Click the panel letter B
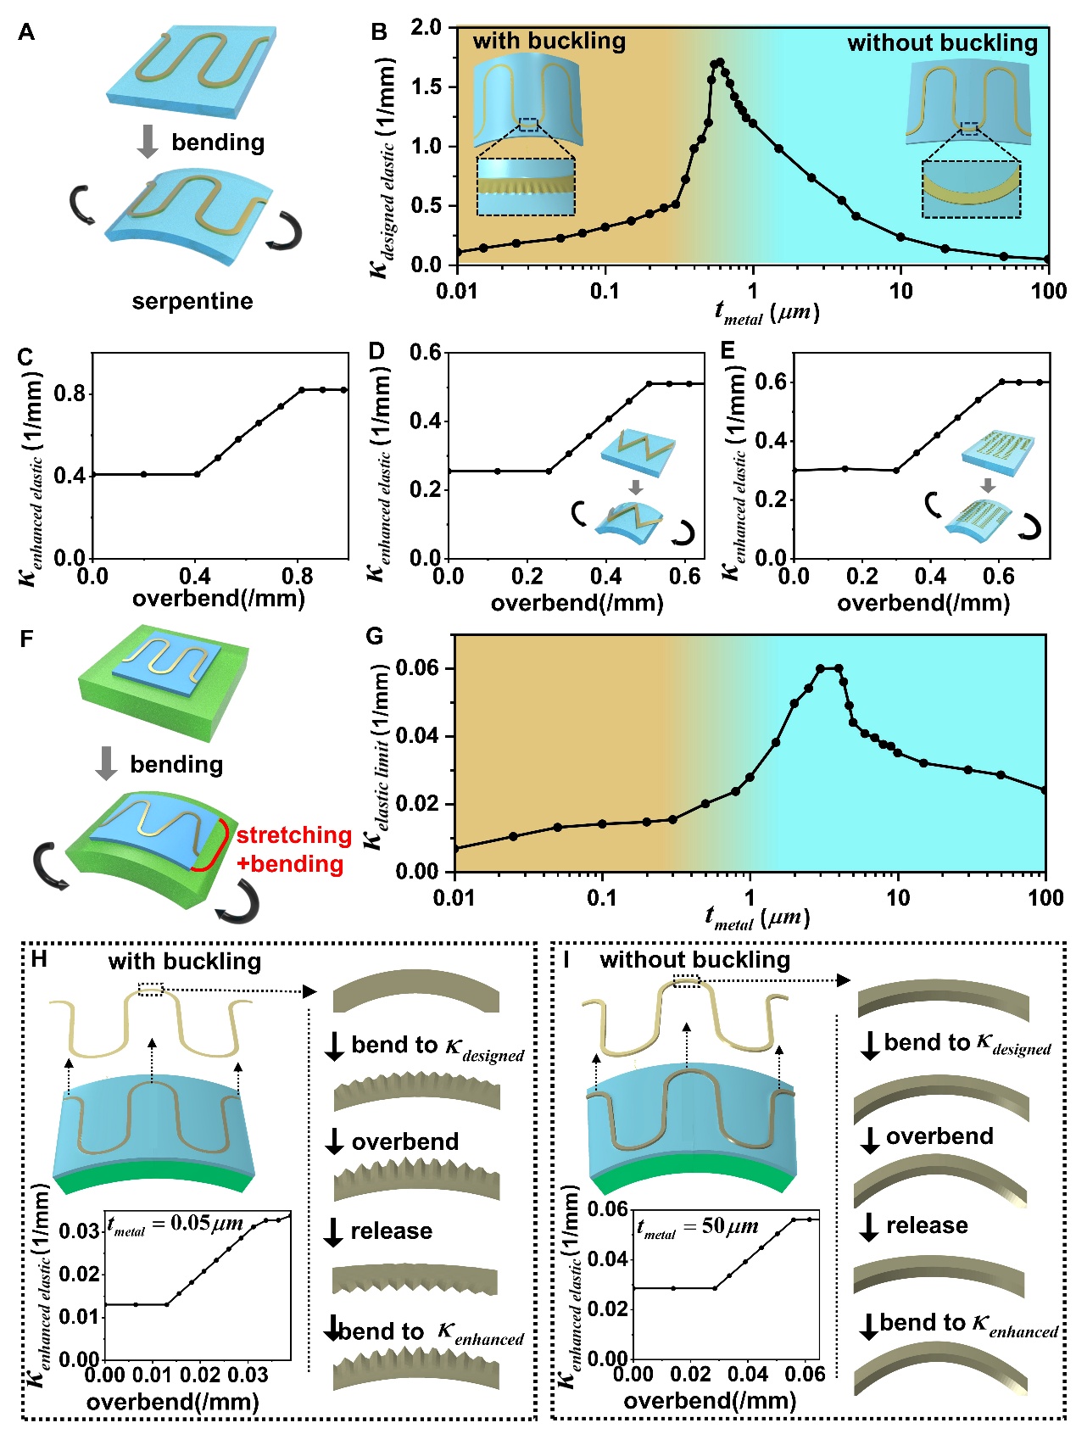(x=379, y=32)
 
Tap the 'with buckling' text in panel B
(x=549, y=41)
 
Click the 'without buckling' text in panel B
(x=942, y=43)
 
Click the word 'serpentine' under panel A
(x=192, y=301)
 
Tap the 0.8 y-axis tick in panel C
(x=70, y=393)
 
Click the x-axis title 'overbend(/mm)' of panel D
(x=577, y=603)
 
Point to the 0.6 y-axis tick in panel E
(x=770, y=382)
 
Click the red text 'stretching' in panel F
(x=293, y=835)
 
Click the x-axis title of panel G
(x=757, y=918)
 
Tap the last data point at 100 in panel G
(x=1045, y=790)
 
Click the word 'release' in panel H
(x=391, y=1230)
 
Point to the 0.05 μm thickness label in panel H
(x=176, y=1224)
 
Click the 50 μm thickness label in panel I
(x=697, y=1227)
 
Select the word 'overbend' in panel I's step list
(x=939, y=1136)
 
